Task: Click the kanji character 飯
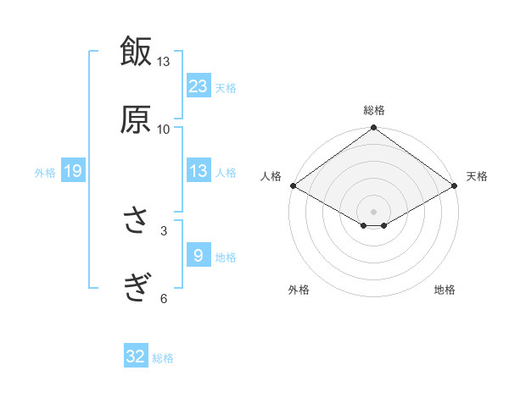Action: pos(136,52)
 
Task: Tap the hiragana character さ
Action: pos(136,223)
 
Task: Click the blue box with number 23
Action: pos(199,86)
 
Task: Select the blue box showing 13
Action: pos(199,171)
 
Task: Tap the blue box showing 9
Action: pos(199,255)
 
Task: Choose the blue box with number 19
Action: pos(73,172)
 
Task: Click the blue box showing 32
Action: pos(136,357)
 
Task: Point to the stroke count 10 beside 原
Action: pos(163,129)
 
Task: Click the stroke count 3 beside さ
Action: pos(164,230)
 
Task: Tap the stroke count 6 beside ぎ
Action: pos(164,298)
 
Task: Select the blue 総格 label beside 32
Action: pos(163,358)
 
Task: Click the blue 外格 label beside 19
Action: pos(45,173)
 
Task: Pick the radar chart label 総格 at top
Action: pos(373,110)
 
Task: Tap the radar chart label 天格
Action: pos(477,176)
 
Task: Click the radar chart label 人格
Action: pos(271,176)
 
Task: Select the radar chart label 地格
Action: pos(445,290)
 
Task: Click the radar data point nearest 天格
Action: pos(456,185)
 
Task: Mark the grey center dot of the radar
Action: pos(373,211)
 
